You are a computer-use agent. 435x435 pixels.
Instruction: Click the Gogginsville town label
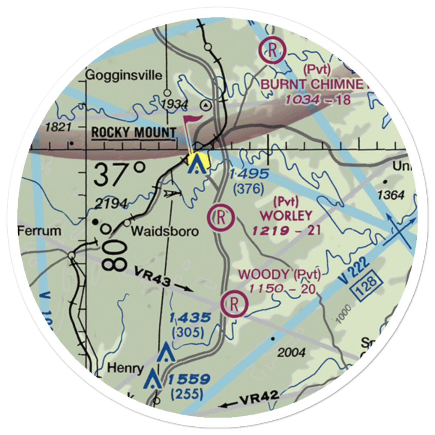118,75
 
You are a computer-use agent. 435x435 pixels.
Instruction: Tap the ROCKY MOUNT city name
134,133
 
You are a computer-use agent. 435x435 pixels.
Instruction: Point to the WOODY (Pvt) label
280,274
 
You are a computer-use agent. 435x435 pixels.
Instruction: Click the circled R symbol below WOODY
234,304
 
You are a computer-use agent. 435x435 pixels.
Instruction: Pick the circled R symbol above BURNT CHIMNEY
272,50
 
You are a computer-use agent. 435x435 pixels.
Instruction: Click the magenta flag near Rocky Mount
192,120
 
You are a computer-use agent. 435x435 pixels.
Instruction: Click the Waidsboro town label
165,231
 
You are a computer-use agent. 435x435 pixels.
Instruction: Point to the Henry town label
125,368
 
